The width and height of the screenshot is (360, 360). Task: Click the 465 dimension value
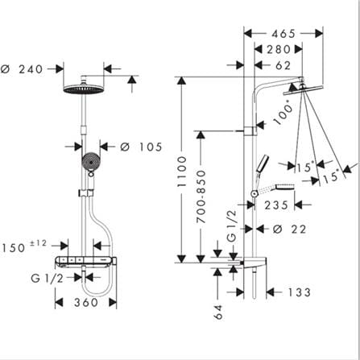click(283, 34)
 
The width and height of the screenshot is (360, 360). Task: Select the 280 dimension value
click(279, 49)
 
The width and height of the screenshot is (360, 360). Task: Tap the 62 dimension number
click(283, 65)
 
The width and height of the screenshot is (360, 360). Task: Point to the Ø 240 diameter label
click(22, 69)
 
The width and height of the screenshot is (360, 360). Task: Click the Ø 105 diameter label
click(141, 147)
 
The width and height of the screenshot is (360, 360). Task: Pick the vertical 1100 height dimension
click(182, 172)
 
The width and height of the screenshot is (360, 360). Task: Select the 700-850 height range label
click(201, 197)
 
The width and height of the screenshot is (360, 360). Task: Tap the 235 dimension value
click(276, 205)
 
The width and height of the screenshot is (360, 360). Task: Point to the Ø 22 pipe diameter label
click(289, 230)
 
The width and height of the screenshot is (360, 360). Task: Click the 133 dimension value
click(299, 292)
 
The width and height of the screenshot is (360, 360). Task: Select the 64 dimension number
click(219, 312)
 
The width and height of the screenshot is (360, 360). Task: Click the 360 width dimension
click(86, 303)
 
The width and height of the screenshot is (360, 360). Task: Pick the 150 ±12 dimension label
click(24, 246)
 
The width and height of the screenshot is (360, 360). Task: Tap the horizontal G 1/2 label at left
click(48, 279)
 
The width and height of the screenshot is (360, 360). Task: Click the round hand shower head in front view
click(91, 162)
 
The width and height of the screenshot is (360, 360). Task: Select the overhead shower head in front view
click(84, 89)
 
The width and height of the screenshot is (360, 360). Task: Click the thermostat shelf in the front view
click(85, 261)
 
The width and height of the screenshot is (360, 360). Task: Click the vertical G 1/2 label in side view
click(232, 225)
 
